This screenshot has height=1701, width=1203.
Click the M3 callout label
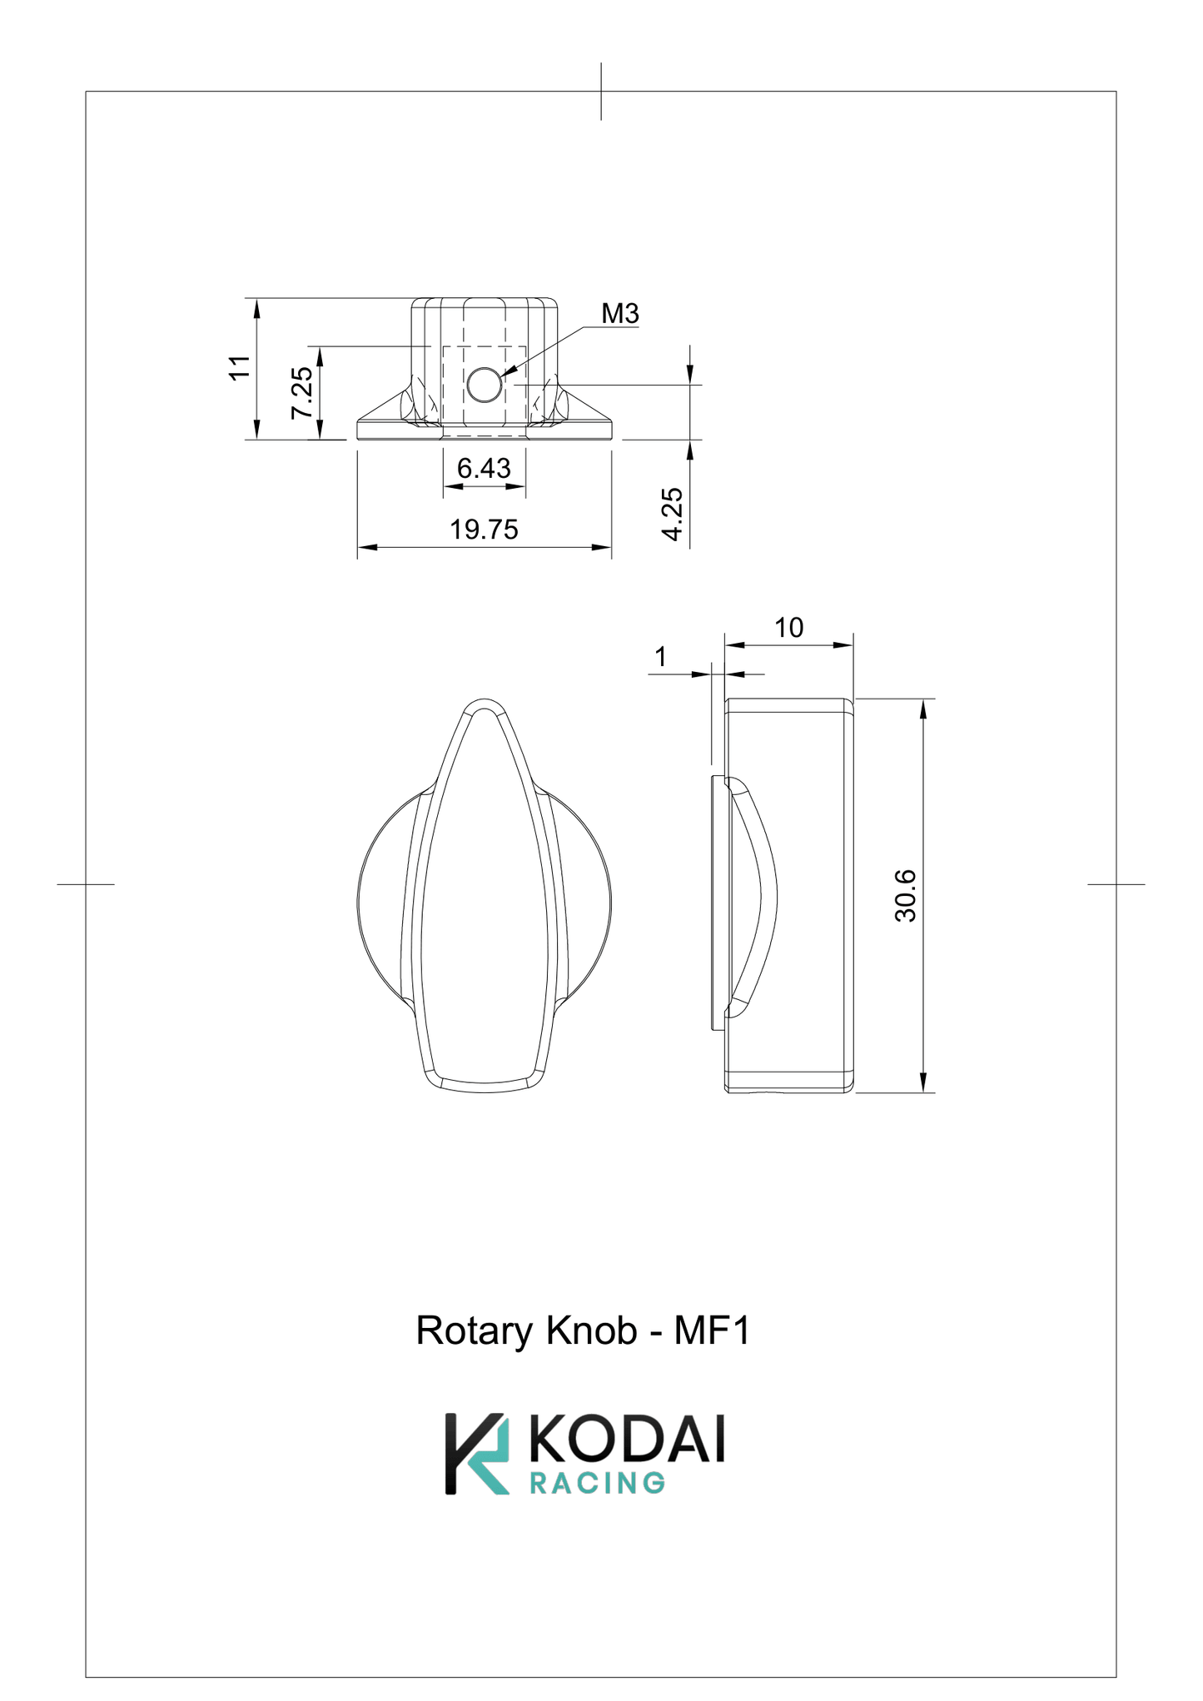(x=620, y=314)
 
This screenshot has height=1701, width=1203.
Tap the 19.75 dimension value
(x=484, y=530)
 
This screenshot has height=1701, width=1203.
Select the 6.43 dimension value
(x=484, y=469)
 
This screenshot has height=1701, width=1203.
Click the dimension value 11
(x=240, y=367)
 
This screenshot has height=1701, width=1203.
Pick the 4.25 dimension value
(x=673, y=515)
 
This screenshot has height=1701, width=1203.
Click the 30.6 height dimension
(x=905, y=896)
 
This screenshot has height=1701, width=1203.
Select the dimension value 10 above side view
(x=788, y=628)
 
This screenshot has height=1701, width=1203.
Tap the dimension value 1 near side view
(x=660, y=657)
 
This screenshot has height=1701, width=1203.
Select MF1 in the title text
(x=712, y=1331)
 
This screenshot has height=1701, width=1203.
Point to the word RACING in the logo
(x=597, y=1484)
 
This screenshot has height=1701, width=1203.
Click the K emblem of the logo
(x=476, y=1454)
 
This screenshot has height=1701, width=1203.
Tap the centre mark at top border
(x=601, y=92)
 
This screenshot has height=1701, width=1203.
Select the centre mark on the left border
(x=86, y=884)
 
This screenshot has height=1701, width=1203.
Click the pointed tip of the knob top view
(x=485, y=702)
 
